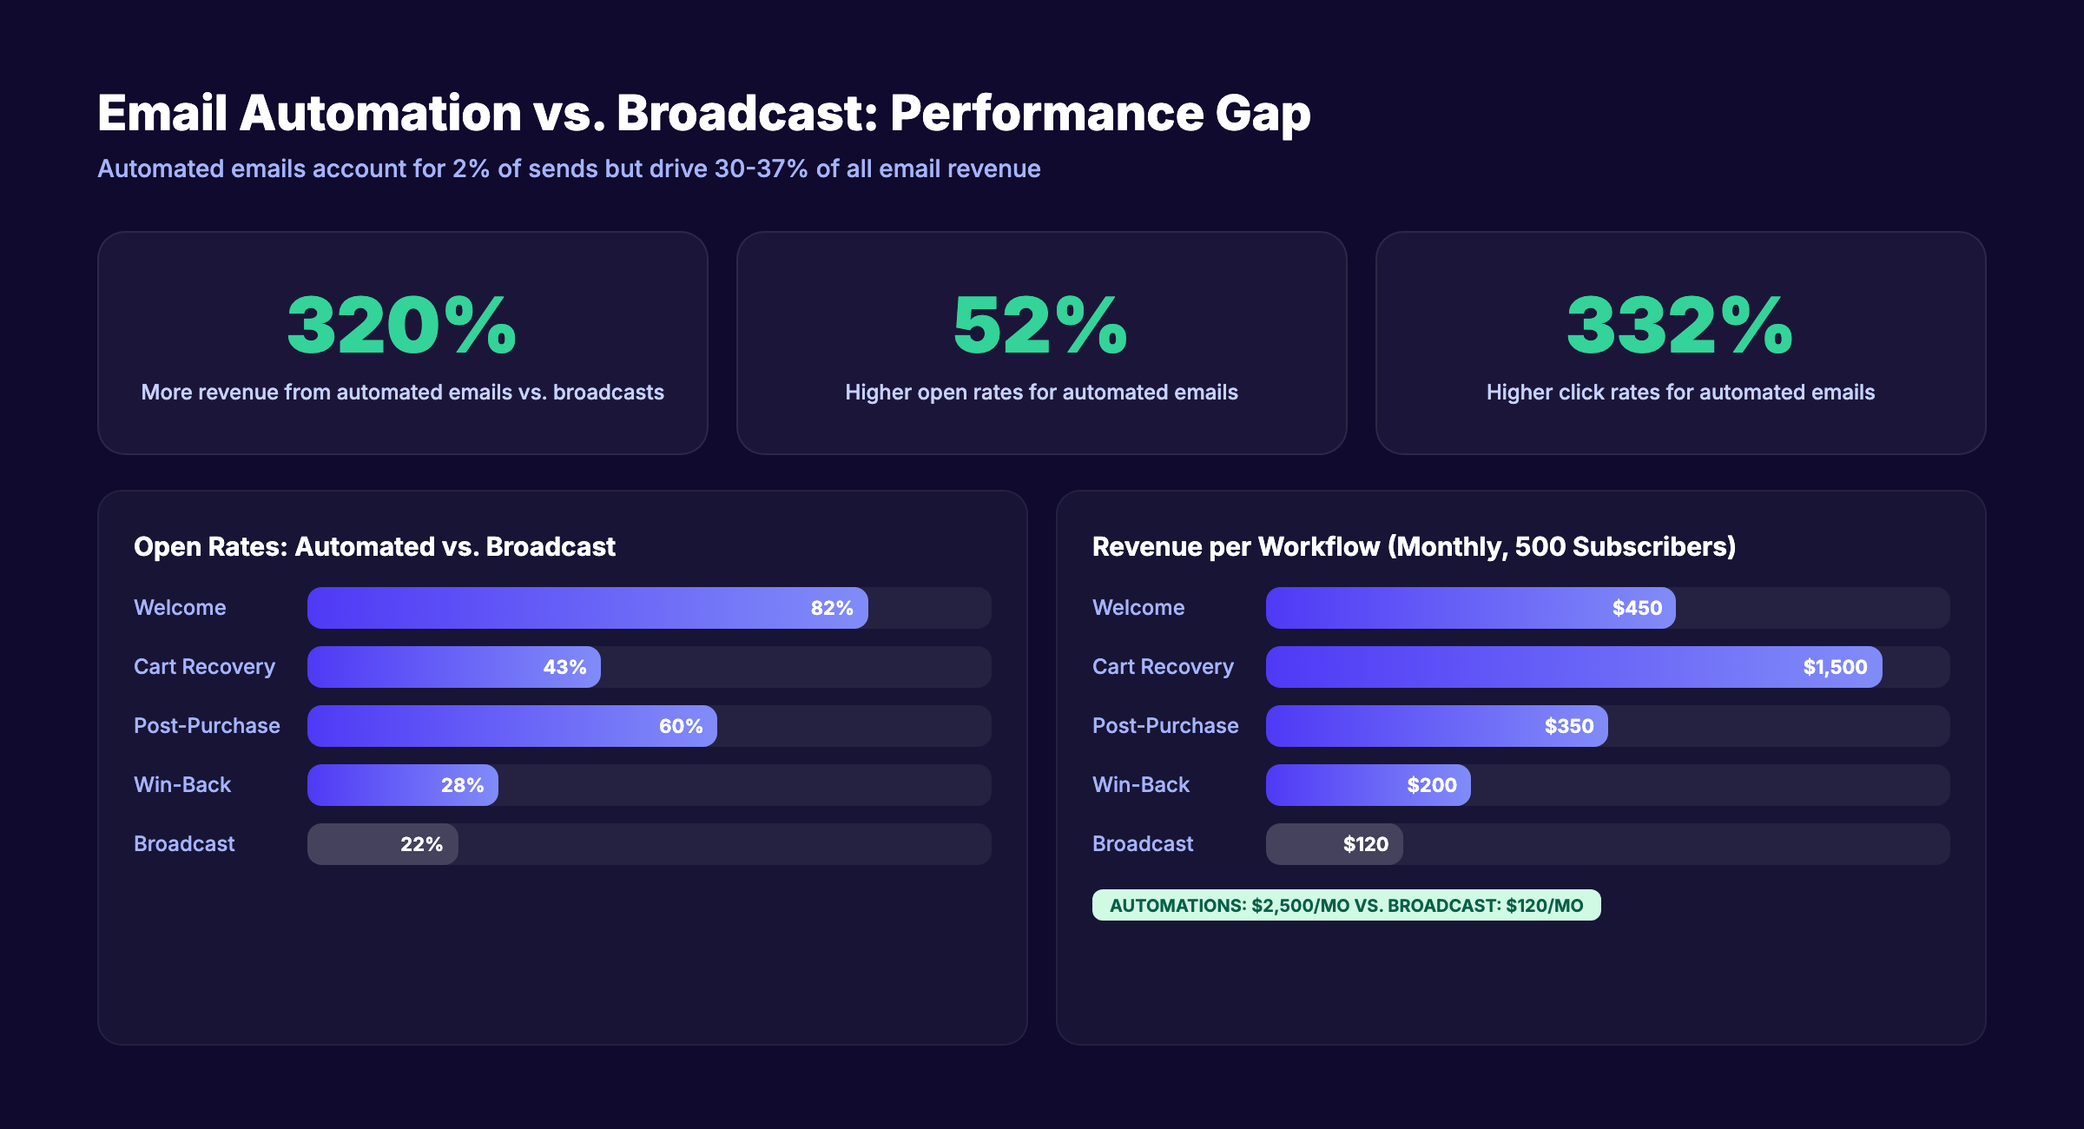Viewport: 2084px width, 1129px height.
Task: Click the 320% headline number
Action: coord(402,326)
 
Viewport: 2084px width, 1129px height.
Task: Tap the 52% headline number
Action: coord(1040,326)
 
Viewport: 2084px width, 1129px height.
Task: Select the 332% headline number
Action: coord(1679,326)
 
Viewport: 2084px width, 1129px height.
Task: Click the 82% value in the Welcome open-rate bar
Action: coord(831,608)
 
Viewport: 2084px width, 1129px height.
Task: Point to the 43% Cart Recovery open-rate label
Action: coord(564,667)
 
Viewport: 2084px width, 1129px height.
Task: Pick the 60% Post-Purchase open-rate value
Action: coord(680,726)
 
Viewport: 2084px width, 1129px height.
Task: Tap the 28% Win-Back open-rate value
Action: coord(462,785)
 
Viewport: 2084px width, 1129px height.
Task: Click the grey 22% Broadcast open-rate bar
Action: coord(383,844)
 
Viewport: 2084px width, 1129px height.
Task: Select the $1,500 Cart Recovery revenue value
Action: coord(1834,667)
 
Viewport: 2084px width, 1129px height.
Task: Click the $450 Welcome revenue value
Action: coord(1637,608)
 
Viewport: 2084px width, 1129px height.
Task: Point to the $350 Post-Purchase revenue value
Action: coord(1568,726)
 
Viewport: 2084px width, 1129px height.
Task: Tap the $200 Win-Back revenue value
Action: coord(1431,785)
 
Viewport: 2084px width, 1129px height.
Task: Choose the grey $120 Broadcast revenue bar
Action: coord(1334,844)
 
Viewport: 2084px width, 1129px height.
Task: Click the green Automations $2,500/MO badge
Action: coord(1346,905)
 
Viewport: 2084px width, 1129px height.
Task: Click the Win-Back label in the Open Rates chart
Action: coord(182,785)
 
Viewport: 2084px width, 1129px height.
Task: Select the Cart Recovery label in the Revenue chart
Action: coord(1163,667)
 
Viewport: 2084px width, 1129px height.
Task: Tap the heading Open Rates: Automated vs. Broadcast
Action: coord(374,546)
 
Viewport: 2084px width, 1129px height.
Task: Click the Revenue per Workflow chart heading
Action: coord(1414,546)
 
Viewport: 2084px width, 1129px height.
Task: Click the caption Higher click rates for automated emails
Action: coord(1680,393)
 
